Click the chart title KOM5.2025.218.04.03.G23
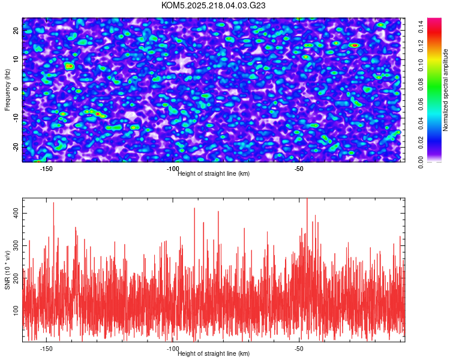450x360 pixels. (x=214, y=5)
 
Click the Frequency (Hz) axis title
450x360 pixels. (x=7, y=89)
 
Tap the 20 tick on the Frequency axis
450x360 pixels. (x=16, y=31)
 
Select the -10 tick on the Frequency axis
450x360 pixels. (x=16, y=117)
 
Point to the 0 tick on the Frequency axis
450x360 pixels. (x=16, y=89)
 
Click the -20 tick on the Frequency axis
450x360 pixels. (x=16, y=146)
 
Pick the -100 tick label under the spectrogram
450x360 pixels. (x=173, y=169)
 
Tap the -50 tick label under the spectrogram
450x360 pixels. (x=299, y=169)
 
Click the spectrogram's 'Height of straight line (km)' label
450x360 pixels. (x=214, y=174)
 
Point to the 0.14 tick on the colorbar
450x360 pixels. (x=422, y=25)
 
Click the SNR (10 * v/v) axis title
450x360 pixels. (x=7, y=270)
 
